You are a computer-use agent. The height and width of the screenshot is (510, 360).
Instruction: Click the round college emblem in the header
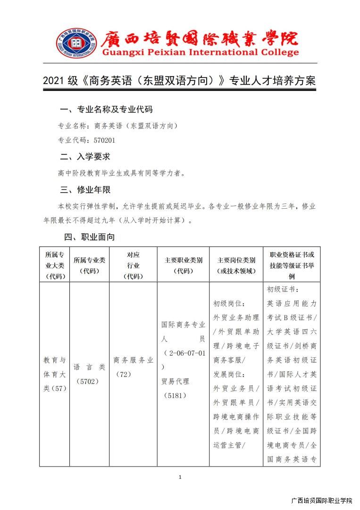[75, 44]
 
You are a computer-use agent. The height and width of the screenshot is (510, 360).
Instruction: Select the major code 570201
[104, 140]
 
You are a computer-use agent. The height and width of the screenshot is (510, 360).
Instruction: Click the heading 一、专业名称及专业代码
[106, 110]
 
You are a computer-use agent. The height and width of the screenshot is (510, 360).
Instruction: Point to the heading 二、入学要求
[85, 156]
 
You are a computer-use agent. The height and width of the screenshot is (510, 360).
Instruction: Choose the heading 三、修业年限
[85, 190]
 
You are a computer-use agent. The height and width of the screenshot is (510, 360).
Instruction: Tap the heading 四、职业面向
[89, 237]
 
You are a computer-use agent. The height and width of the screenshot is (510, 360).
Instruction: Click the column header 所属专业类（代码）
[90, 265]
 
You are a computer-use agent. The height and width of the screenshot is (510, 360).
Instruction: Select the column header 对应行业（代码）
[133, 265]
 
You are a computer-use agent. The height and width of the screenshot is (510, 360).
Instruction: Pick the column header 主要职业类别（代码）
[183, 265]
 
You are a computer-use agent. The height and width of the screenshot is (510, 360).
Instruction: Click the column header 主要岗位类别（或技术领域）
[236, 265]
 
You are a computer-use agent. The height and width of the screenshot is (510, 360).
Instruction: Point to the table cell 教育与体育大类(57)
[55, 374]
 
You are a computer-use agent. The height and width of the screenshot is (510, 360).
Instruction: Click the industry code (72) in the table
[123, 374]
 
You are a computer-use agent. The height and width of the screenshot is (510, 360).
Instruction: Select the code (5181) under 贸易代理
[175, 395]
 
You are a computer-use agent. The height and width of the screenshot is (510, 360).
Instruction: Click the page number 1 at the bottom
[180, 477]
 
